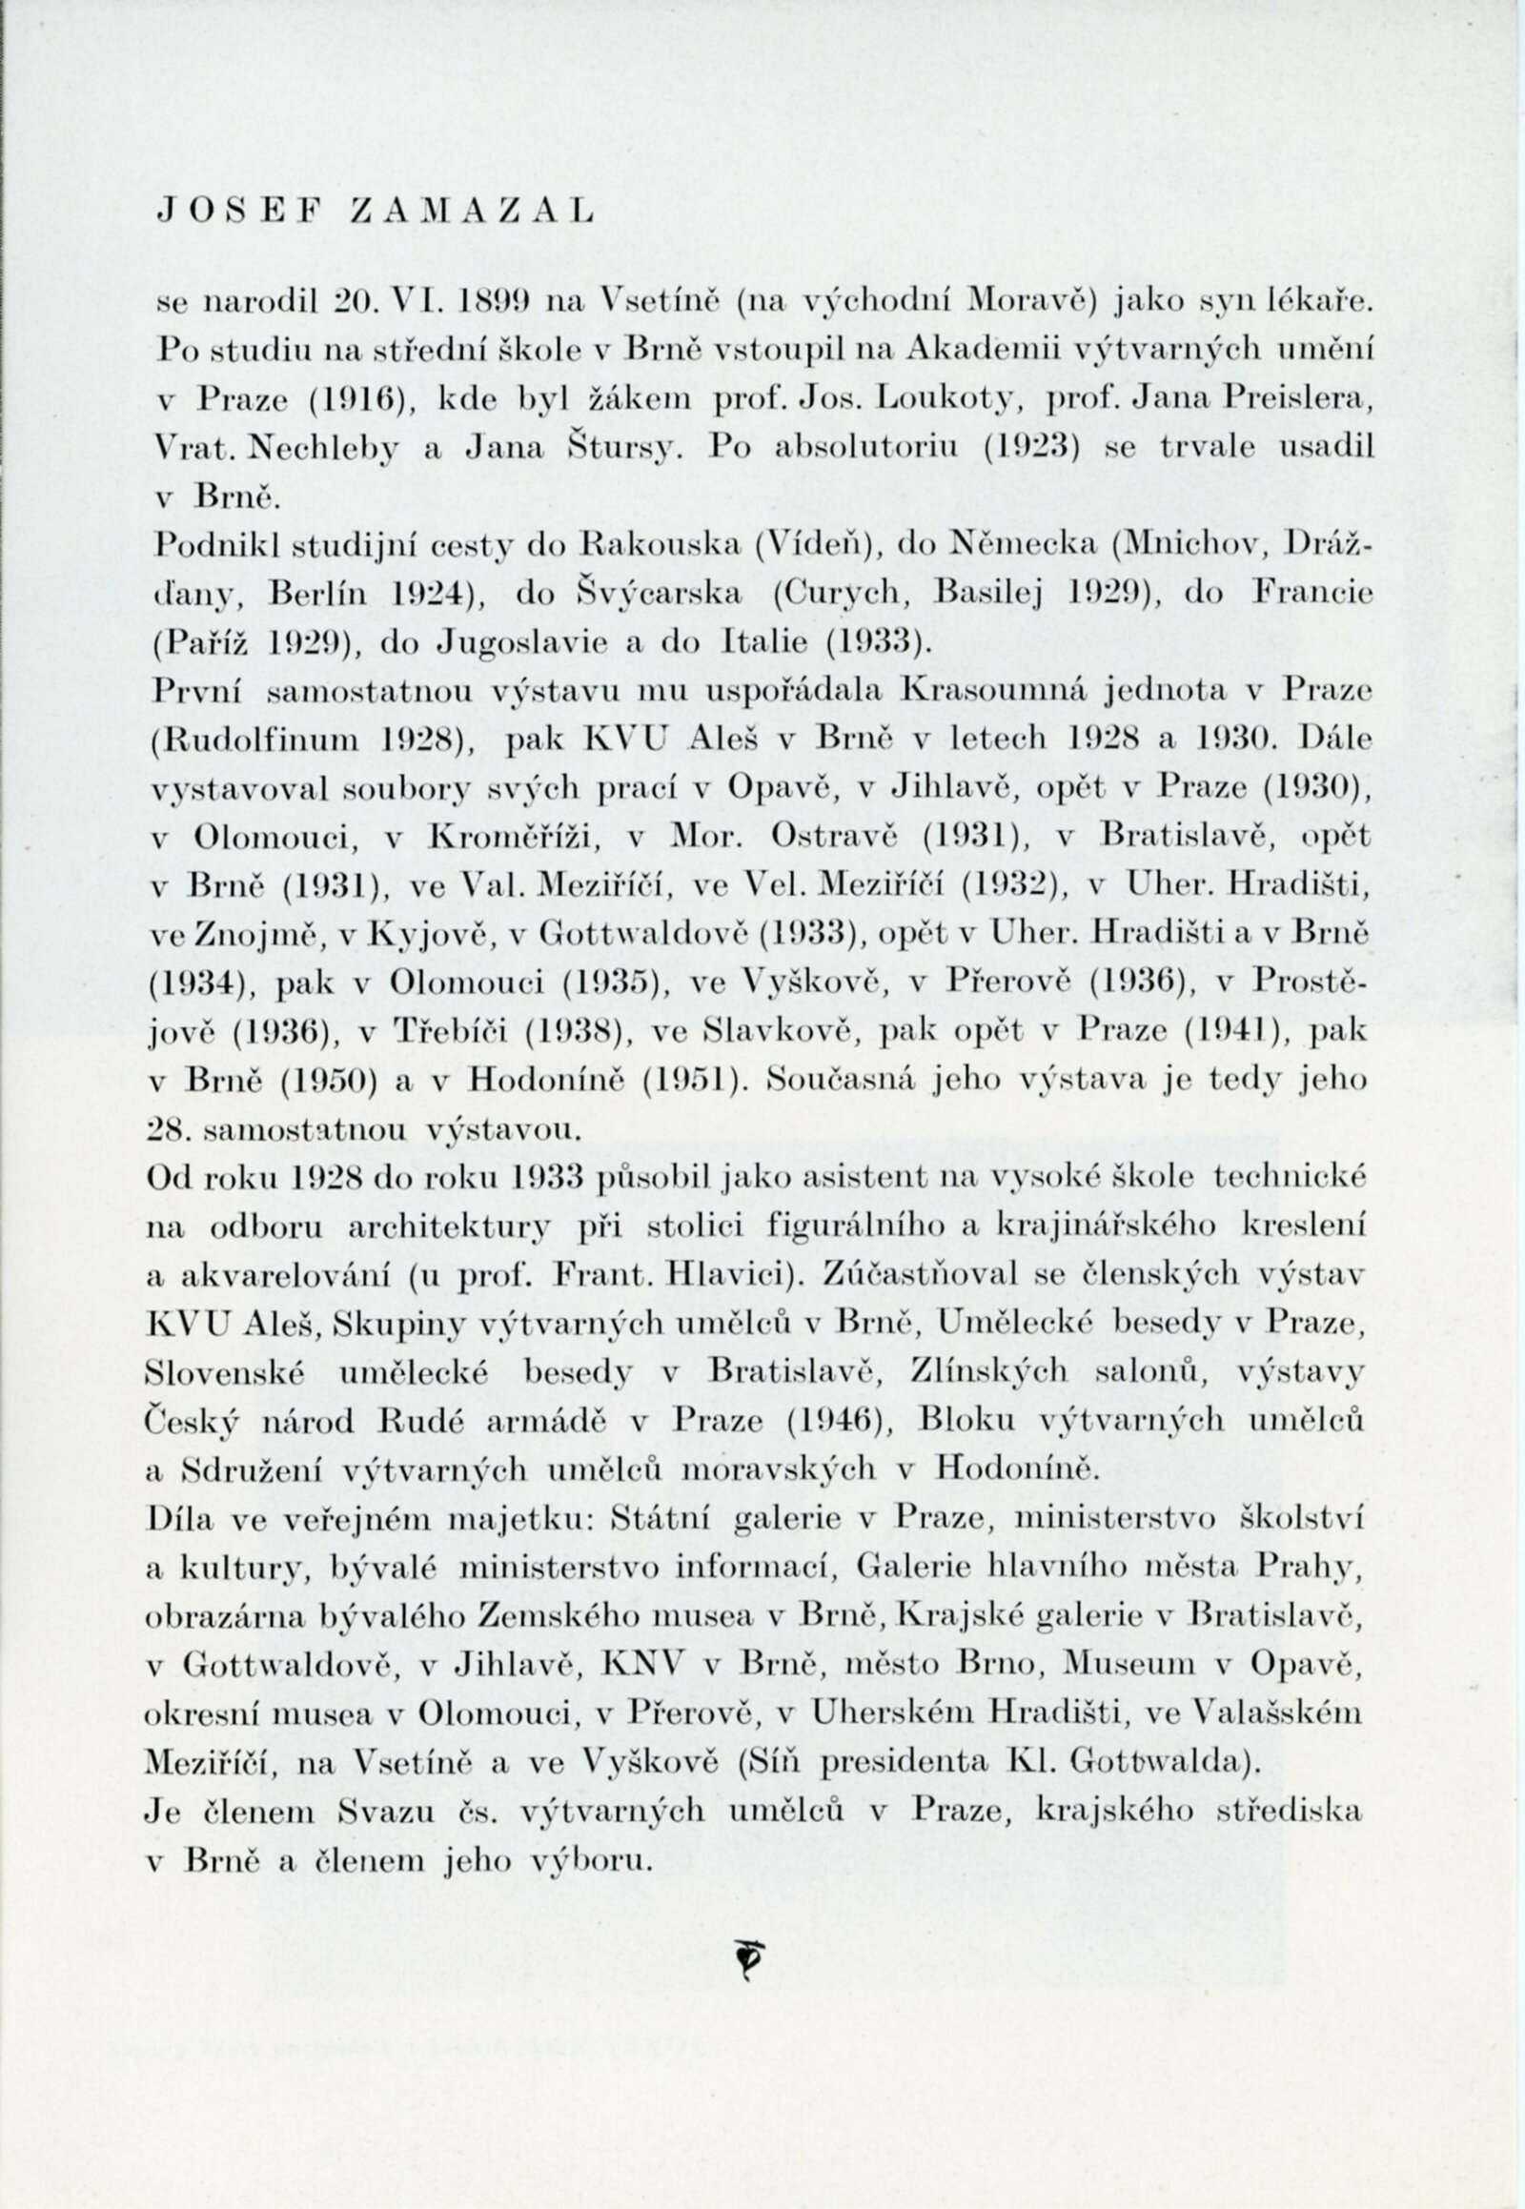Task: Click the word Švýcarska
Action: [659, 594]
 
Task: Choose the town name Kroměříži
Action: [514, 837]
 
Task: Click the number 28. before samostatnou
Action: [169, 1130]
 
